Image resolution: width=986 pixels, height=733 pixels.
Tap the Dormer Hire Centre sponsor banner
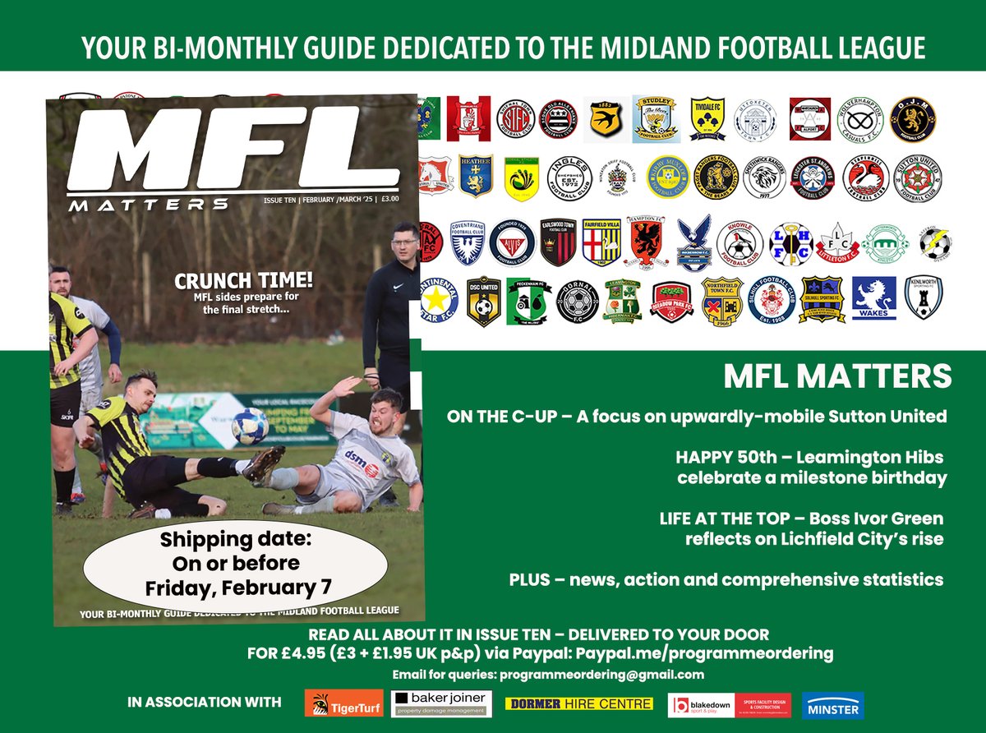[x=579, y=704]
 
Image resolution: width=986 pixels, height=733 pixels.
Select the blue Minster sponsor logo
[x=832, y=705]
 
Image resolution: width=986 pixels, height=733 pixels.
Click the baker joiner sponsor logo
[x=443, y=704]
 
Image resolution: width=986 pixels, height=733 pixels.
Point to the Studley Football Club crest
[x=655, y=118]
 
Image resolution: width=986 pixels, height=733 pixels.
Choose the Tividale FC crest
[x=707, y=117]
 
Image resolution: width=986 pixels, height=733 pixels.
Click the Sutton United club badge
[x=917, y=177]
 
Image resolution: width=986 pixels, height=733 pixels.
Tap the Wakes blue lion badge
[x=873, y=298]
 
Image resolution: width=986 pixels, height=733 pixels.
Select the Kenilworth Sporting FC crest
[x=924, y=297]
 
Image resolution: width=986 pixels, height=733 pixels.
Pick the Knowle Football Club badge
[x=739, y=242]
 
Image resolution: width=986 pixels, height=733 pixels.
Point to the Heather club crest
[x=476, y=176]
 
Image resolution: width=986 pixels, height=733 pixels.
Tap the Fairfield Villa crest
[x=601, y=241]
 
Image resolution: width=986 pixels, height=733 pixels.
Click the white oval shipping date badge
[x=236, y=565]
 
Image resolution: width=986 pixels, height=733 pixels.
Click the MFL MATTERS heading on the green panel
[x=837, y=376]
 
